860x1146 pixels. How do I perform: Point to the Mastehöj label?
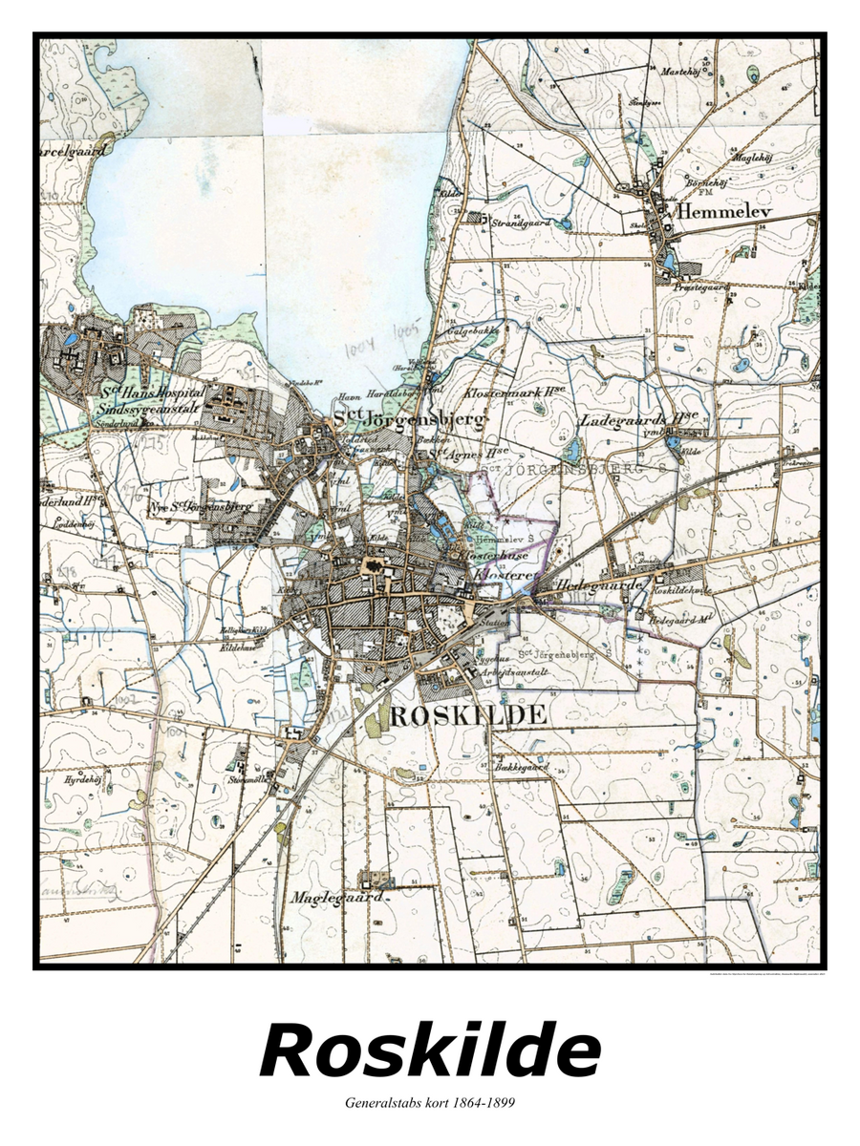679,71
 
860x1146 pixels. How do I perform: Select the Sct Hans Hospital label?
153,392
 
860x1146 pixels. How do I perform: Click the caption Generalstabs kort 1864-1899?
430,1103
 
